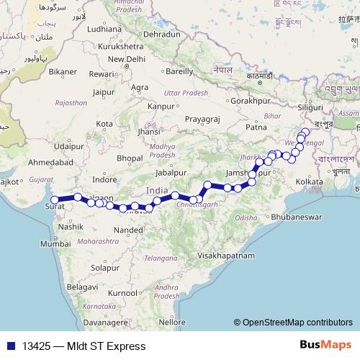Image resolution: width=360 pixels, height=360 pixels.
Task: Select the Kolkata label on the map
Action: pos(309,181)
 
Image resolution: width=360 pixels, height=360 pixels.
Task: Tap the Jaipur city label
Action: pos(104,92)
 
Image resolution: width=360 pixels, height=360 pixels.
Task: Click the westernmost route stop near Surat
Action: pos(55,199)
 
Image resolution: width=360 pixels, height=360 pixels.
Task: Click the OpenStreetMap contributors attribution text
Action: pos(297,323)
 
